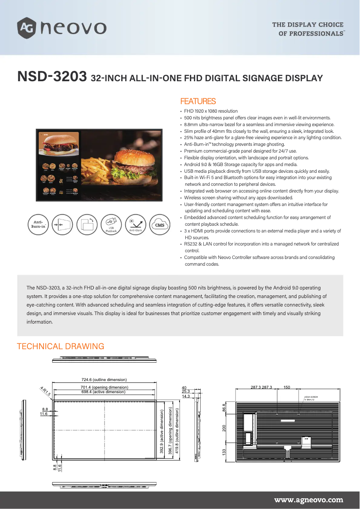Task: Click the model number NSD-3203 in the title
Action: coord(52,77)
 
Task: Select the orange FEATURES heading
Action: coord(198,101)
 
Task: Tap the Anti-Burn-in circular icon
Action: coord(39,225)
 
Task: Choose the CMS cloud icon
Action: coord(159,225)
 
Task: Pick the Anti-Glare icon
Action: coord(136,225)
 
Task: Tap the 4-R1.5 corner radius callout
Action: coord(45,391)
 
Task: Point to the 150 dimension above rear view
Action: coord(286,386)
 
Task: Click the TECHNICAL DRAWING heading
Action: coord(61,347)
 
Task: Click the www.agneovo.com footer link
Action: coord(308,500)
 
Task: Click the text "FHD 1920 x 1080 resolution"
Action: coord(211,111)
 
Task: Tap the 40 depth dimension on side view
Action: coord(184,387)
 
